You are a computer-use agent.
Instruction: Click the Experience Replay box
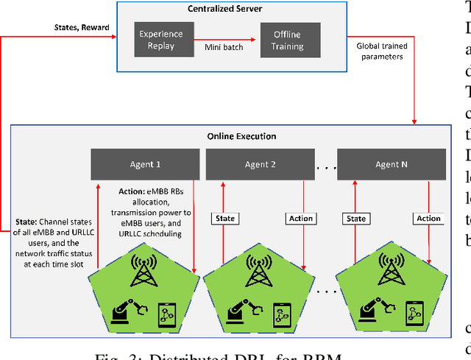click(157, 40)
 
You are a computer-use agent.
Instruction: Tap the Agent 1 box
click(145, 164)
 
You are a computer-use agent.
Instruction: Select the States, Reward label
click(82, 28)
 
